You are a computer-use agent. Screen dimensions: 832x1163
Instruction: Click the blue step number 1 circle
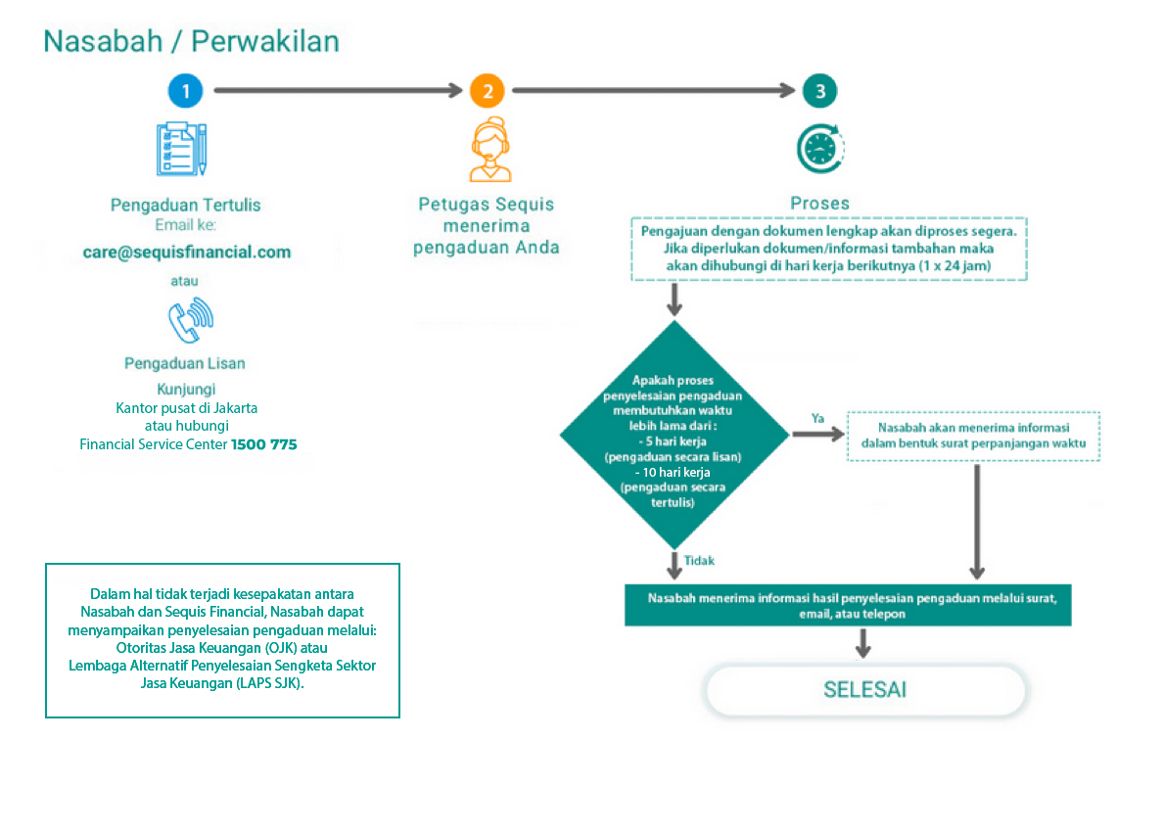(x=185, y=91)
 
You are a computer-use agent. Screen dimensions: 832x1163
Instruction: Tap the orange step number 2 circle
(x=487, y=91)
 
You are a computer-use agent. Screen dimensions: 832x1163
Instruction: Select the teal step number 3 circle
(x=819, y=91)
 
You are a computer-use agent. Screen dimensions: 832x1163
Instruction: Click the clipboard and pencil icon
(x=183, y=147)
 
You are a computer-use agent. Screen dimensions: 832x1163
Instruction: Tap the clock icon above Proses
(x=820, y=149)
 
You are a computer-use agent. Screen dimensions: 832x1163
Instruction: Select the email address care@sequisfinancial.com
(x=187, y=252)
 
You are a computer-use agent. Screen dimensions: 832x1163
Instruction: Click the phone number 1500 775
(x=264, y=444)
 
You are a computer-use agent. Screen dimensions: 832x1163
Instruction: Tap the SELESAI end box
(x=865, y=690)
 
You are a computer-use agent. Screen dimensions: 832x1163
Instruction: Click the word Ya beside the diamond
(x=817, y=418)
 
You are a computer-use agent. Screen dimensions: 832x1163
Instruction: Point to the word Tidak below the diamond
(x=699, y=561)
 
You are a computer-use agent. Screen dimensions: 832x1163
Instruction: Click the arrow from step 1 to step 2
(x=337, y=91)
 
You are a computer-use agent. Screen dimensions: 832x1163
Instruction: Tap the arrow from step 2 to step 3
(x=653, y=91)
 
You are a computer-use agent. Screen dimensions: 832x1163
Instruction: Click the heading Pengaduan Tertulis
(x=186, y=206)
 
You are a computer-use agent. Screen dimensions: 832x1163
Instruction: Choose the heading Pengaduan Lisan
(x=185, y=363)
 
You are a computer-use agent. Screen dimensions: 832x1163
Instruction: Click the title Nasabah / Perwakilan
(x=192, y=42)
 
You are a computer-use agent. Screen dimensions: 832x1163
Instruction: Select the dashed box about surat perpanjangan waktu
(x=973, y=437)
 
